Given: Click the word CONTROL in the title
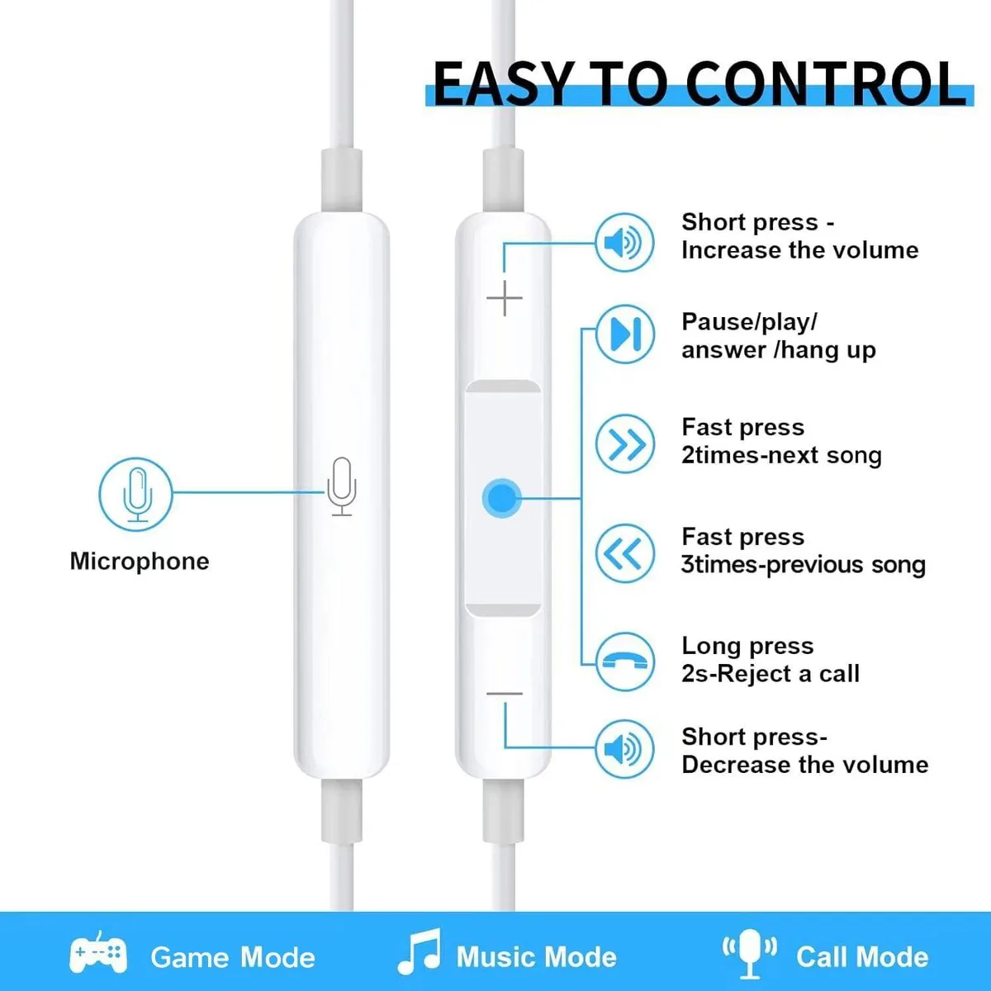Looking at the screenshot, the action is [827, 84].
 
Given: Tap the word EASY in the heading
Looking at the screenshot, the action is [502, 84].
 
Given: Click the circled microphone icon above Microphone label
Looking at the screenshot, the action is [135, 494].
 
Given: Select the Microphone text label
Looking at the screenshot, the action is [140, 561].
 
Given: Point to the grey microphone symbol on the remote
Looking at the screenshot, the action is [341, 486].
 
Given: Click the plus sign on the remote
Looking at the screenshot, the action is [505, 298].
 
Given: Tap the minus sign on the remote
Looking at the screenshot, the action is [505, 695].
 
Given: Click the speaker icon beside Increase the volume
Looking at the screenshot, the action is [625, 243].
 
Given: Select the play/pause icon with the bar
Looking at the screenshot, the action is [625, 334].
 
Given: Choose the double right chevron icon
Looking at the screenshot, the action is [625, 443].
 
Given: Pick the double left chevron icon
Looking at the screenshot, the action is [625, 553].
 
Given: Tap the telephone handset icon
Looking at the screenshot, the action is [625, 661].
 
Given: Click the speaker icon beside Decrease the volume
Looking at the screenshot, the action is [625, 749].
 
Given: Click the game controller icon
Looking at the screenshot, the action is [98, 953].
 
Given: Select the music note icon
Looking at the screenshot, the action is [420, 952].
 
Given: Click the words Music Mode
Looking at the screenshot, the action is [537, 957].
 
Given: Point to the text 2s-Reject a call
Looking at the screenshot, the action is [771, 674].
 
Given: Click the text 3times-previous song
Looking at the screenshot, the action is [804, 565].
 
